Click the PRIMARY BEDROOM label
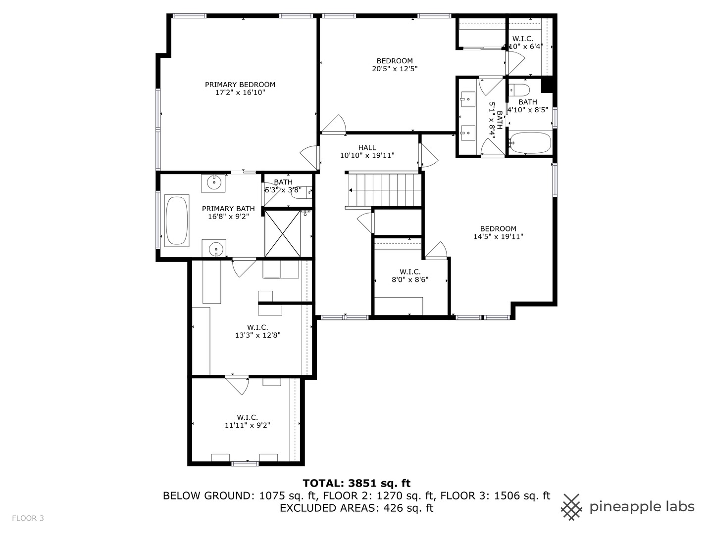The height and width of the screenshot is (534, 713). [240, 85]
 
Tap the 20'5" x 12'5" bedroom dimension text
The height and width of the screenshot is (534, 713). [395, 69]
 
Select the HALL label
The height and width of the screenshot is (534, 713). [367, 147]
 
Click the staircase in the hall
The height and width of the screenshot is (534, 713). [384, 189]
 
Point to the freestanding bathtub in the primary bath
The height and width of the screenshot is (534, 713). [177, 221]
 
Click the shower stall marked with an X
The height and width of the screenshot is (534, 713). [283, 233]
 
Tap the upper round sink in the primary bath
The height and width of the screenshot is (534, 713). [214, 182]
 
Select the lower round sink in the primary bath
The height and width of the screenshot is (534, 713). [214, 248]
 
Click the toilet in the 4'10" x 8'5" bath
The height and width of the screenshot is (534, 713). [519, 90]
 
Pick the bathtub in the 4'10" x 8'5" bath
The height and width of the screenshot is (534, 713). [530, 143]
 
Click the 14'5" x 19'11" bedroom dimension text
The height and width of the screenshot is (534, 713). [498, 236]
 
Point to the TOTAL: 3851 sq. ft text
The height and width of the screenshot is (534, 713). [356, 483]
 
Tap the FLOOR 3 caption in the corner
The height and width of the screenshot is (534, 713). [28, 518]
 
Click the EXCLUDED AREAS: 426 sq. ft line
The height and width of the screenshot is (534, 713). [356, 508]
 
